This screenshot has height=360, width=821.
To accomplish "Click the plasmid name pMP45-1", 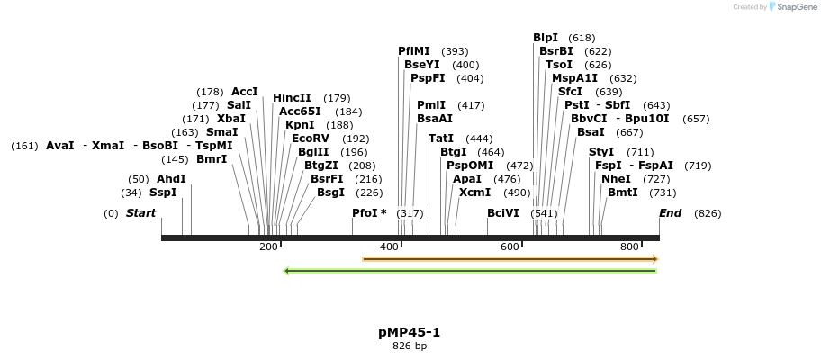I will [410, 332].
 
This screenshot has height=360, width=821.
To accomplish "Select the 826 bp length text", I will [410, 346].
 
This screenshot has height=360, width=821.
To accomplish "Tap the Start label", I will [140, 213].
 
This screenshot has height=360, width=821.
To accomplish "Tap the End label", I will [671, 213].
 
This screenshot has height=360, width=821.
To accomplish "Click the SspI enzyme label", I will [163, 193].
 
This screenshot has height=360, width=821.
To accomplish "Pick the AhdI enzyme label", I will [171, 179].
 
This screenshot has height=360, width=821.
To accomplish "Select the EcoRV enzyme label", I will [311, 139].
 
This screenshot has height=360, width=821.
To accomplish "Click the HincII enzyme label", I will [292, 98].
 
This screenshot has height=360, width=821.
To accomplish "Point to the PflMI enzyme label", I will [414, 51].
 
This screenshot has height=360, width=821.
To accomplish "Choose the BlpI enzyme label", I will [546, 38].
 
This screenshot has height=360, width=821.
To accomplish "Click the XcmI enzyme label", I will [475, 193].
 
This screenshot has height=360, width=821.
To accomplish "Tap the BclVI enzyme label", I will [503, 213].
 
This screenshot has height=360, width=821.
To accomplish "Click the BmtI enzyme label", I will [622, 193].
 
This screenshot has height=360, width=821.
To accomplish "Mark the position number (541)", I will [545, 213].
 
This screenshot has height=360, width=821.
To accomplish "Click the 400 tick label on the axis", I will [389, 247].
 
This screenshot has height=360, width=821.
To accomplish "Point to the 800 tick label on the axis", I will [629, 247].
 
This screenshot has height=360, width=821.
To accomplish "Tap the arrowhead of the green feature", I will [286, 270].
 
